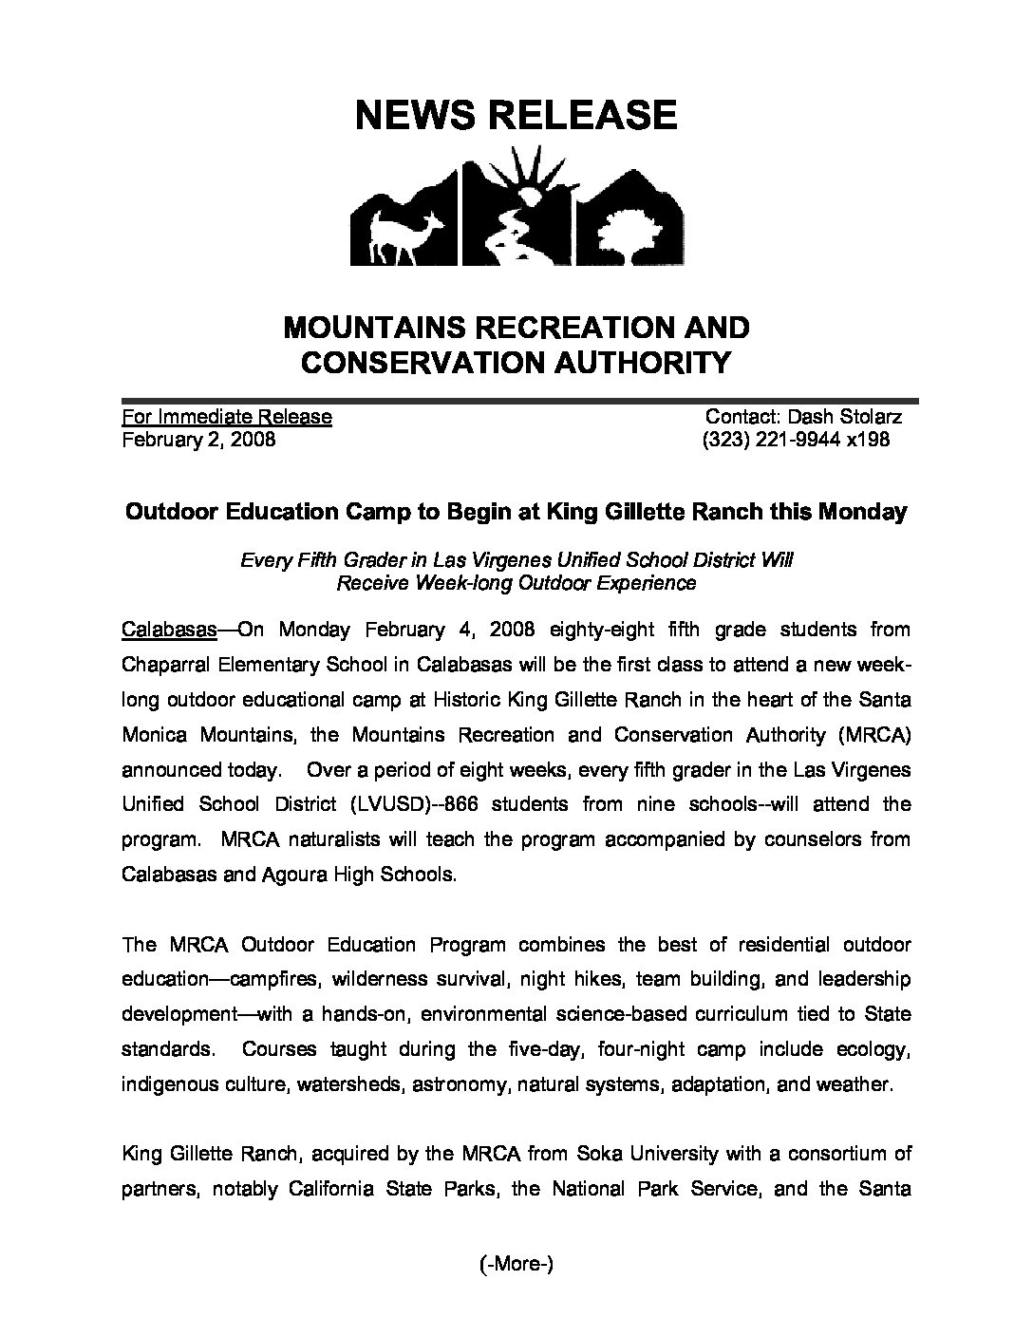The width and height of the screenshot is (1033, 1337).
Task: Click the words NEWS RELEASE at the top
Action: click(516, 115)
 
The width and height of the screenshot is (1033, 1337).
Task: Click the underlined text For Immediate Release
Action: click(227, 416)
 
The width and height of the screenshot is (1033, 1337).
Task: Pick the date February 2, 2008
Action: click(198, 440)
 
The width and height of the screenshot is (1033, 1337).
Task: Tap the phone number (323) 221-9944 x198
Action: click(796, 440)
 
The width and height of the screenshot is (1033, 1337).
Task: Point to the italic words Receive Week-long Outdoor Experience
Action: click(516, 582)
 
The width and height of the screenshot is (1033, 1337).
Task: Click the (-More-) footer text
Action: click(516, 1264)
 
